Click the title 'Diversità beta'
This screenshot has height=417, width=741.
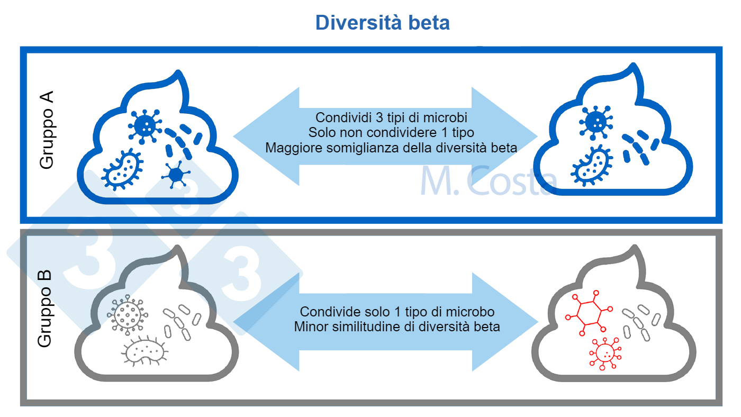(x=382, y=23)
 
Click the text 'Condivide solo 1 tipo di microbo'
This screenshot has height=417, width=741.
(x=397, y=311)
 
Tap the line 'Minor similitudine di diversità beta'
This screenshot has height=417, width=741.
(x=397, y=326)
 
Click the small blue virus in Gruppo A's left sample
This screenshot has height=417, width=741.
(x=175, y=174)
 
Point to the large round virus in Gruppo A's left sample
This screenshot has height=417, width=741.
(x=145, y=125)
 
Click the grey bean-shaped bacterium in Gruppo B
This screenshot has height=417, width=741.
(x=144, y=350)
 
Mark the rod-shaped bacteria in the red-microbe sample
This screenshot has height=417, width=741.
(x=641, y=321)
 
